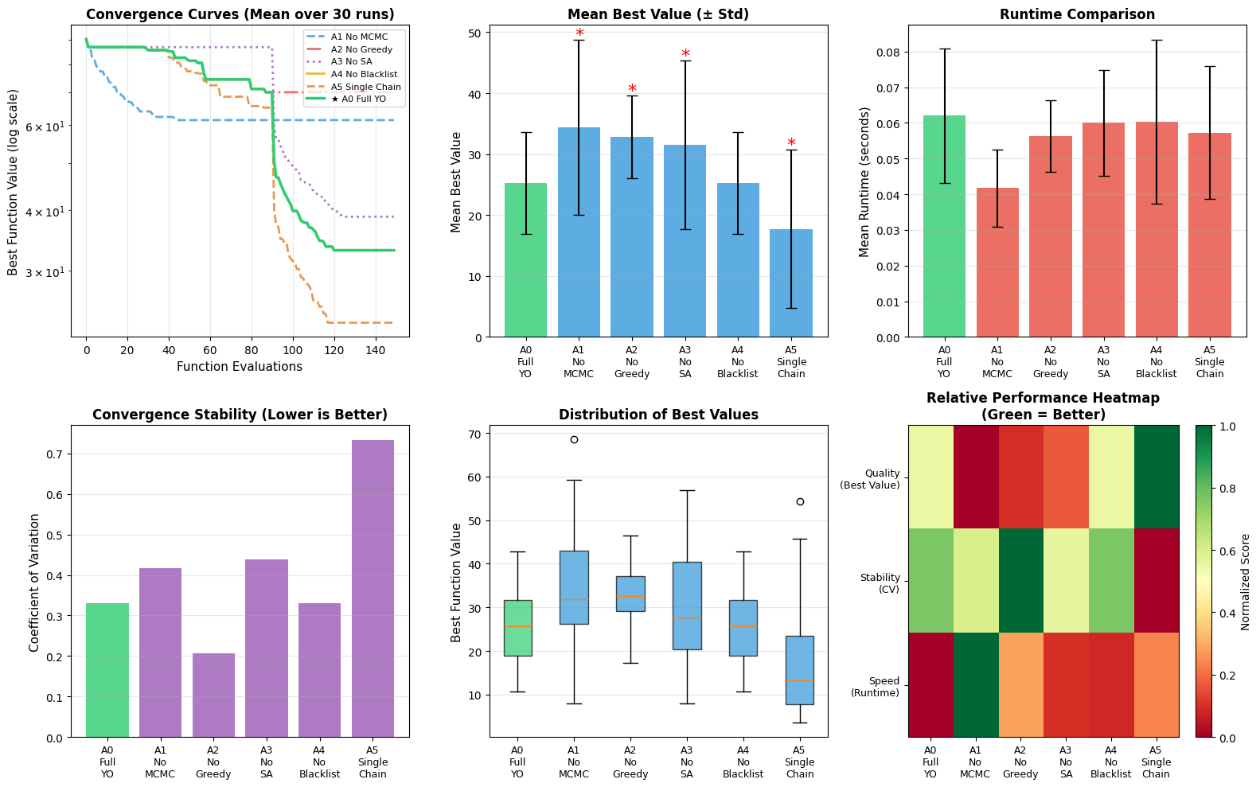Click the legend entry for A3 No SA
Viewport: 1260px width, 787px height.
tap(354, 62)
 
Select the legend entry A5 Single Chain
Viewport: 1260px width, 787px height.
tap(354, 87)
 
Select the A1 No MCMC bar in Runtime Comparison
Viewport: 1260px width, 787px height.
tap(997, 263)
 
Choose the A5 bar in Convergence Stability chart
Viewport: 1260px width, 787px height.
tap(373, 589)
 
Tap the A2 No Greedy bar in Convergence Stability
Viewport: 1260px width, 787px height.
tap(213, 695)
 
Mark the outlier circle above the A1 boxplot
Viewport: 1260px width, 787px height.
tap(574, 439)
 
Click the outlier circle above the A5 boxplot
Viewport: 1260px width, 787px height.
tap(800, 501)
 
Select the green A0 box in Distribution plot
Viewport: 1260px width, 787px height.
tap(517, 628)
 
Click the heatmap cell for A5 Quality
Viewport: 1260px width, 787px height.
tap(1157, 477)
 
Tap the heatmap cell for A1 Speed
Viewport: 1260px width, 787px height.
tap(975, 684)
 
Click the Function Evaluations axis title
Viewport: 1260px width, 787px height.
tap(240, 367)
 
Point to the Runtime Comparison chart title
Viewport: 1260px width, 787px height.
tap(1076, 14)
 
